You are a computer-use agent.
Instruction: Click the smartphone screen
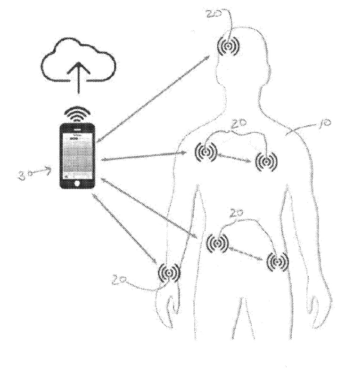(78, 153)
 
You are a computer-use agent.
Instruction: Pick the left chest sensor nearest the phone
(206, 152)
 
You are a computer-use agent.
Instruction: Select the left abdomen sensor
(217, 243)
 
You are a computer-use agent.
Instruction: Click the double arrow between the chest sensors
(236, 157)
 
